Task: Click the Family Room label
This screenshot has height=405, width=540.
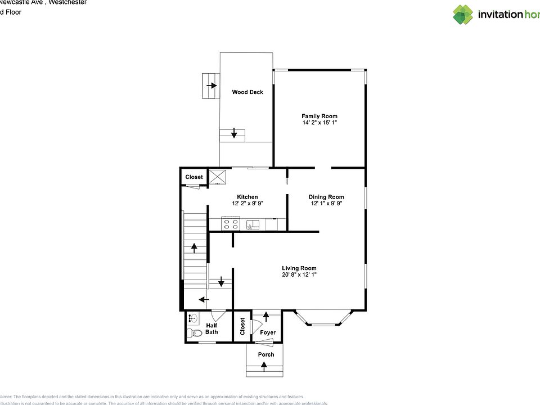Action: tap(319, 116)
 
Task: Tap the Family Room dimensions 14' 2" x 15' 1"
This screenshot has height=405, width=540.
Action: tap(319, 123)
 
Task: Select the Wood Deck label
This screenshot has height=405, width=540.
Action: tap(247, 92)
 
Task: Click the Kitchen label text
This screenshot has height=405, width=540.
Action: tap(247, 197)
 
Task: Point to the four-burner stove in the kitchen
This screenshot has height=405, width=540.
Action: tap(231, 224)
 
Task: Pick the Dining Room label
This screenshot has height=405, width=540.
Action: tap(326, 197)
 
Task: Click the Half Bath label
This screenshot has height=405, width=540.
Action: tap(211, 328)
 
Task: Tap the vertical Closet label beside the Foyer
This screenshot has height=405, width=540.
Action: tap(242, 326)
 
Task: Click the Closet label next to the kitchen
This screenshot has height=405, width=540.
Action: tap(194, 177)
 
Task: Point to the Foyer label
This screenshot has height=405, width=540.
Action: tap(268, 332)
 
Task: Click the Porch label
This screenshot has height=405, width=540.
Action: tap(266, 354)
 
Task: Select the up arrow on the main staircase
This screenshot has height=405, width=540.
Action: tap(195, 247)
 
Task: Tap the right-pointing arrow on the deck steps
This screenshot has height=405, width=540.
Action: tap(211, 85)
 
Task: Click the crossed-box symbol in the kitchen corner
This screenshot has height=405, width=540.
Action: tap(217, 177)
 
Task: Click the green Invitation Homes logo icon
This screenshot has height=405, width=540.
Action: tap(463, 15)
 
